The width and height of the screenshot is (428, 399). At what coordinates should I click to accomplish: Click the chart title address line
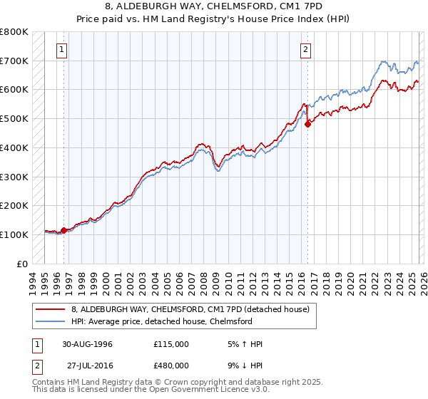point(213,6)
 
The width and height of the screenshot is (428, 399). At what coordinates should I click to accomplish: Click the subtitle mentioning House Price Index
point(213,19)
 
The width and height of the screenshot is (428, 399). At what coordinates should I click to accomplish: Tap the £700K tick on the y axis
point(14,61)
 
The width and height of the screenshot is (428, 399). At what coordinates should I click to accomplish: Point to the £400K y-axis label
point(14,147)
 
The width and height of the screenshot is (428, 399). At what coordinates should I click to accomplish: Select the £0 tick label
point(21,264)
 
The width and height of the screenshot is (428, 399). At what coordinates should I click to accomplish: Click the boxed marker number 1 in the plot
point(63,49)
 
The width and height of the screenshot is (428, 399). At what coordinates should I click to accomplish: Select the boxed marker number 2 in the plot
point(305,49)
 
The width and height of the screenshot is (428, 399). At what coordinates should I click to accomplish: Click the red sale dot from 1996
point(63,230)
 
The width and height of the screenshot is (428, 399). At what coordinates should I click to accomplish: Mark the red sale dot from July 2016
point(308,123)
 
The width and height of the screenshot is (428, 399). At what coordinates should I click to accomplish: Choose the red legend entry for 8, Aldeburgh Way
point(190,310)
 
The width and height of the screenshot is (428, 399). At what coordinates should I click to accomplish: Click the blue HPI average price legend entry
point(161,322)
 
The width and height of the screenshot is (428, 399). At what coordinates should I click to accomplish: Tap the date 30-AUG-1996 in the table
point(87,344)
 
